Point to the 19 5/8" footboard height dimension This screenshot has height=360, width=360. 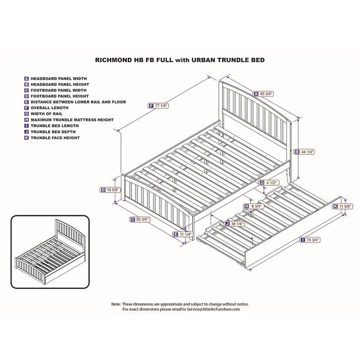point(111,190)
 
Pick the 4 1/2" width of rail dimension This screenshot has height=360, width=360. point(270,183)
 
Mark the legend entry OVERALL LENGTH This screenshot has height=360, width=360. point(49,108)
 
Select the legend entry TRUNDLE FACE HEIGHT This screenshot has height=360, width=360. point(55,138)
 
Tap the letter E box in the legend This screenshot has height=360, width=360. point(27,102)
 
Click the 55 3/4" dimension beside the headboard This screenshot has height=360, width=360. point(266,94)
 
